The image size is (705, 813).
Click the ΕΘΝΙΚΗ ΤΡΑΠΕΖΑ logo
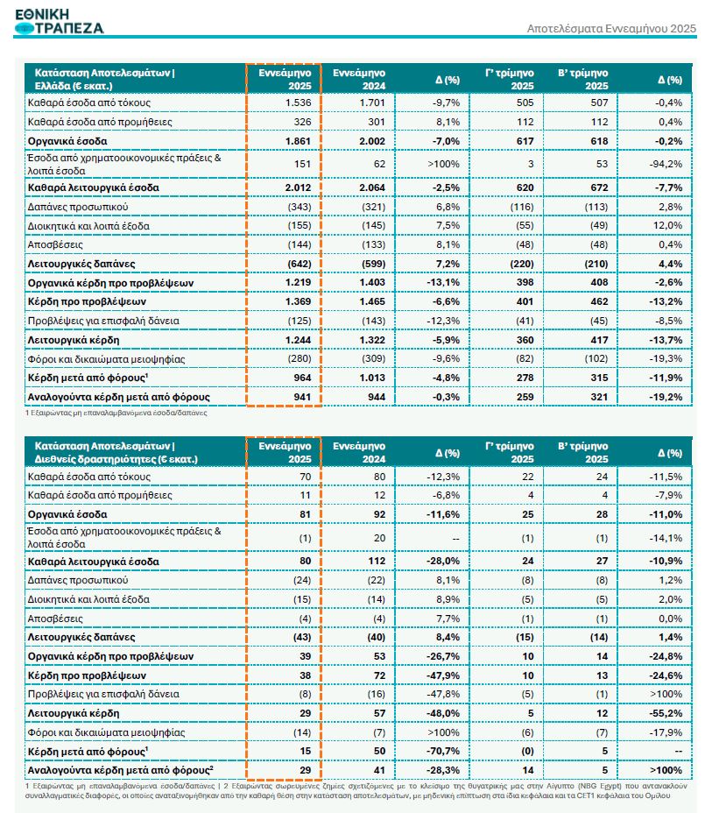tap(60, 19)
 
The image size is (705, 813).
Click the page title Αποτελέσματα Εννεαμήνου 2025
tap(611, 29)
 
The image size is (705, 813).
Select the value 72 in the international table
tap(377, 675)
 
